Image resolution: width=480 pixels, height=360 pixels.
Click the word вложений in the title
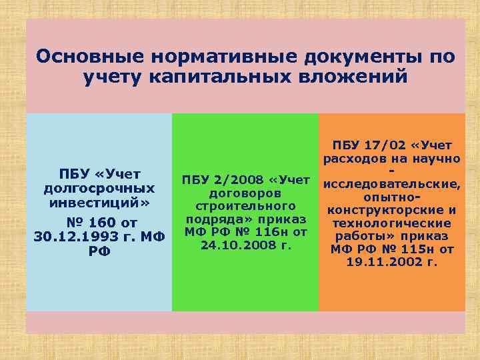coord(353,77)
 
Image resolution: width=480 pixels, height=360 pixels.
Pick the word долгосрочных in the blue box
coord(99,189)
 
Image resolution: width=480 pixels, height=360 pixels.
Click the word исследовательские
coord(390,185)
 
